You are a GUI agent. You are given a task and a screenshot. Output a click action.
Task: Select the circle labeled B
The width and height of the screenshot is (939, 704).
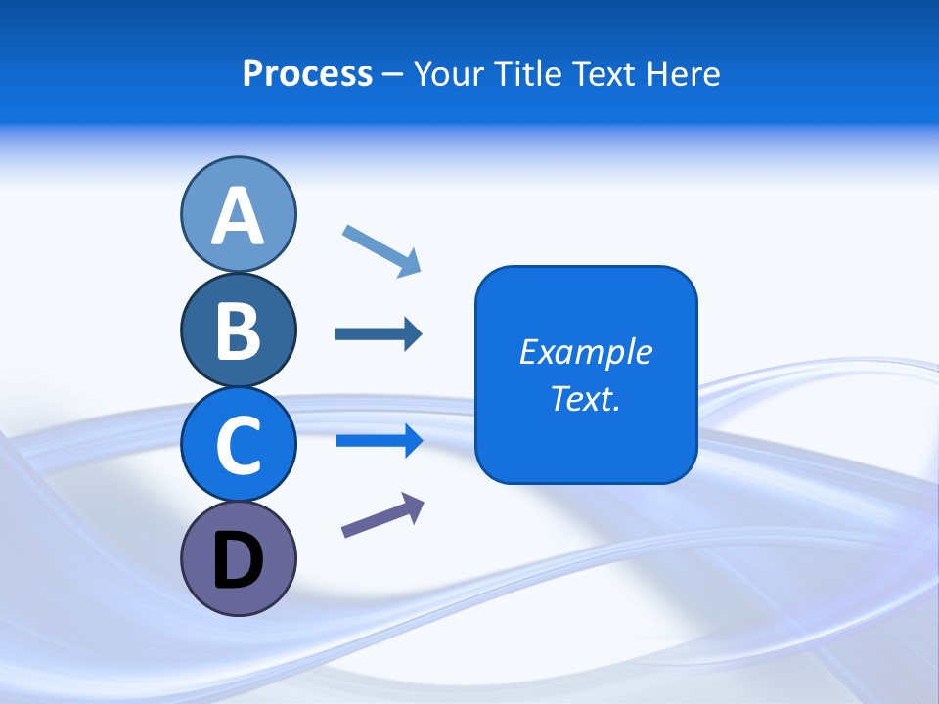pos(238,330)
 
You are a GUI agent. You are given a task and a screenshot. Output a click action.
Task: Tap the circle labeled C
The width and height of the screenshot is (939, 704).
pos(238,445)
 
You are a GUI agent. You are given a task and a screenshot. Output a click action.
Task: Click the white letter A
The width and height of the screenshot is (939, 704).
pos(238,216)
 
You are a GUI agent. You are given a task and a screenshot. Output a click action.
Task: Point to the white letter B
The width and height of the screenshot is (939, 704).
pos(238,330)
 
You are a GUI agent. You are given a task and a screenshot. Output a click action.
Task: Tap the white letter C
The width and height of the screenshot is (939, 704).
pos(238,445)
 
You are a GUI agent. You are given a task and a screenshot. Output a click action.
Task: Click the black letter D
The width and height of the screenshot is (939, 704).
pos(238,560)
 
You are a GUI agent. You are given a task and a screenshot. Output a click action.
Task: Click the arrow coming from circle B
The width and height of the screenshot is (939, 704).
pos(378,334)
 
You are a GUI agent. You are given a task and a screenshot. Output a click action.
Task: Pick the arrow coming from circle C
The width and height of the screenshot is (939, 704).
pos(378,441)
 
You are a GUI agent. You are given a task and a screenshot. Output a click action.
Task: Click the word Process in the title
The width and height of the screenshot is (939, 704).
pos(307,73)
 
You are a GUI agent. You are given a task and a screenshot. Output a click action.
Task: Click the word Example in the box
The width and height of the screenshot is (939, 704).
pos(585,352)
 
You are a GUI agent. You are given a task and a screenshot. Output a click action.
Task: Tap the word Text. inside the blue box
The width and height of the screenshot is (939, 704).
pos(585,398)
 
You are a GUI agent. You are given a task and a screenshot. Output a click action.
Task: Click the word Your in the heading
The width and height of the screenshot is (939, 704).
pos(448,73)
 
